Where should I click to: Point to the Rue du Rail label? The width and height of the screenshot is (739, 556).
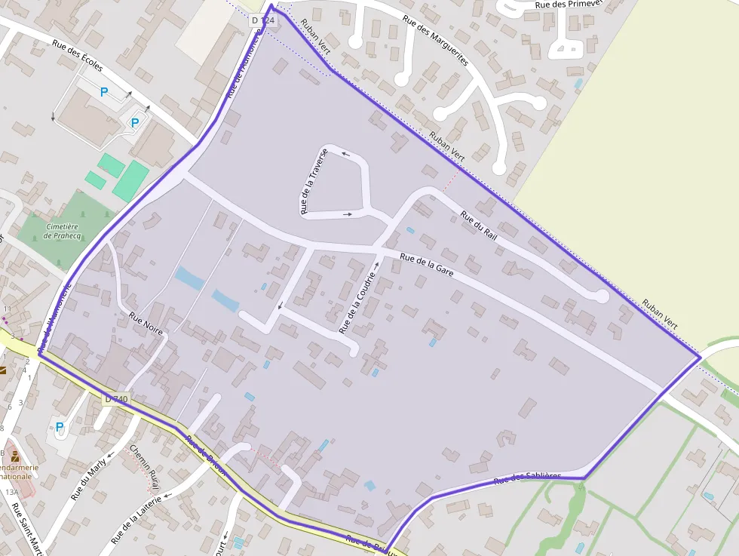479,226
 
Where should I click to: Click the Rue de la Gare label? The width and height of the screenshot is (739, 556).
426,266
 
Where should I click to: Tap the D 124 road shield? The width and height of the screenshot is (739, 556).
263,20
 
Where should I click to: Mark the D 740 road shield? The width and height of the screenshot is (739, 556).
117,398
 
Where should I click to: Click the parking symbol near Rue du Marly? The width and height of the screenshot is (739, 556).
60,427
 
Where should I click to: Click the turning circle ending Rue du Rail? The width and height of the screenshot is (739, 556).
601,296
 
